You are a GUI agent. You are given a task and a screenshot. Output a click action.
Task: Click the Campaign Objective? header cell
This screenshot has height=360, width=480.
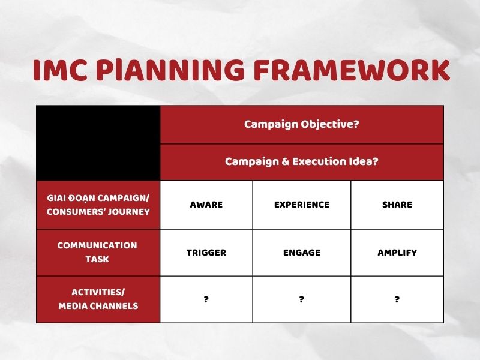click(x=301, y=124)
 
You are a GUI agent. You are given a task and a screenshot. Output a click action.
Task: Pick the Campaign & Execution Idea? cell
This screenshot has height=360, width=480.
click(x=301, y=162)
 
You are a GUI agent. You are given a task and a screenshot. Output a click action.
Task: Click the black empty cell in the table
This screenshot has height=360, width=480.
click(x=98, y=143)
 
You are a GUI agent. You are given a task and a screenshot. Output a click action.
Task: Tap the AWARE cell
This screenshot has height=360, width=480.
click(x=206, y=205)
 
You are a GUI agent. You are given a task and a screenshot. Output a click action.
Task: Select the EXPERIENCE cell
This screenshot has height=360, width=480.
click(x=301, y=205)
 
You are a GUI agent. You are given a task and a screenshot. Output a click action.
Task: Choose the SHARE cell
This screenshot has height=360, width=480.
click(x=397, y=205)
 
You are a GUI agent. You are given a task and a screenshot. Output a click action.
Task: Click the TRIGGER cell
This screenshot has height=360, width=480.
click(x=206, y=253)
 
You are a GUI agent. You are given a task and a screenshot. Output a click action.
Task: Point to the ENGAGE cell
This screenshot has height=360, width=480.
click(x=301, y=253)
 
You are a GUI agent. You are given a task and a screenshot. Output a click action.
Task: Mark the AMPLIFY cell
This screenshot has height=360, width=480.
click(x=397, y=253)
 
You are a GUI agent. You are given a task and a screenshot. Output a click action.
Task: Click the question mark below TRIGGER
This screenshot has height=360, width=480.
click(x=206, y=299)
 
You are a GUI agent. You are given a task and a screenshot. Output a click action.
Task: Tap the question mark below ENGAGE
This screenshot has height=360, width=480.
click(x=301, y=299)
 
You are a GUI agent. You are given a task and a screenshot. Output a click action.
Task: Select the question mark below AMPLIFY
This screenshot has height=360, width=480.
click(x=397, y=299)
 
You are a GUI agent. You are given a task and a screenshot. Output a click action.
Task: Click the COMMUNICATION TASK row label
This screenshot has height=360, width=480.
click(x=98, y=252)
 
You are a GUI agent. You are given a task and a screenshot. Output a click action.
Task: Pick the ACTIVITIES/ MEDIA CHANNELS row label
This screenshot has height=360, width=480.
click(x=98, y=299)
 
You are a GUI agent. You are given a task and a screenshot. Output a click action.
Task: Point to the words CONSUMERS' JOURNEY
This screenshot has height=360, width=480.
click(x=98, y=211)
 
